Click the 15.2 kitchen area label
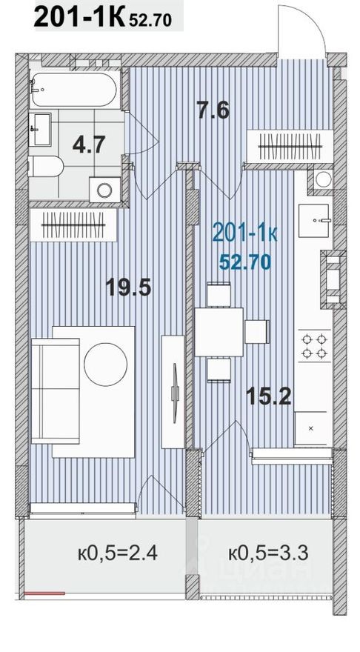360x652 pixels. (x=269, y=397)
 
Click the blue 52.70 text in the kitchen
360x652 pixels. (x=244, y=260)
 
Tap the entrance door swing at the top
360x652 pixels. (x=300, y=30)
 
